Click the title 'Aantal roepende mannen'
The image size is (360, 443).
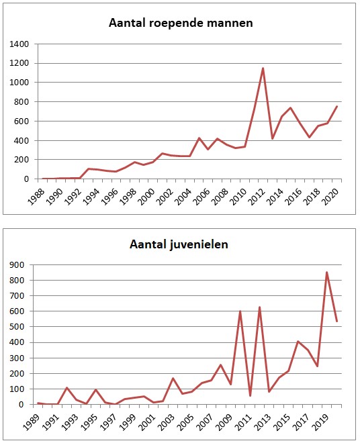[x=181, y=23]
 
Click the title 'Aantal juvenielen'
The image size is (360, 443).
[x=179, y=244]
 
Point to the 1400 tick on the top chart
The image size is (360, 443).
[x=19, y=44]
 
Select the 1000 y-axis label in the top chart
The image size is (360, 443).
[x=19, y=83]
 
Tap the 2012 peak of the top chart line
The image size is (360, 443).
[x=263, y=68]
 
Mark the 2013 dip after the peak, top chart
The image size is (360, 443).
[x=272, y=138]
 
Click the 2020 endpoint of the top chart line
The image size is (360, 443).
[x=336, y=106]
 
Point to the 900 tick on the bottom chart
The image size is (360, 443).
[x=17, y=264]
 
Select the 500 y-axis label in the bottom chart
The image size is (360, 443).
[x=17, y=327]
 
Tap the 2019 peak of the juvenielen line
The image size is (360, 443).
[x=327, y=273]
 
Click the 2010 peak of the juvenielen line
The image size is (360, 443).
[x=240, y=311]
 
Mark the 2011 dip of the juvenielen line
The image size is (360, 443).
[x=250, y=395]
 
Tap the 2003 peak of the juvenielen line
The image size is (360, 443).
[x=173, y=378]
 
